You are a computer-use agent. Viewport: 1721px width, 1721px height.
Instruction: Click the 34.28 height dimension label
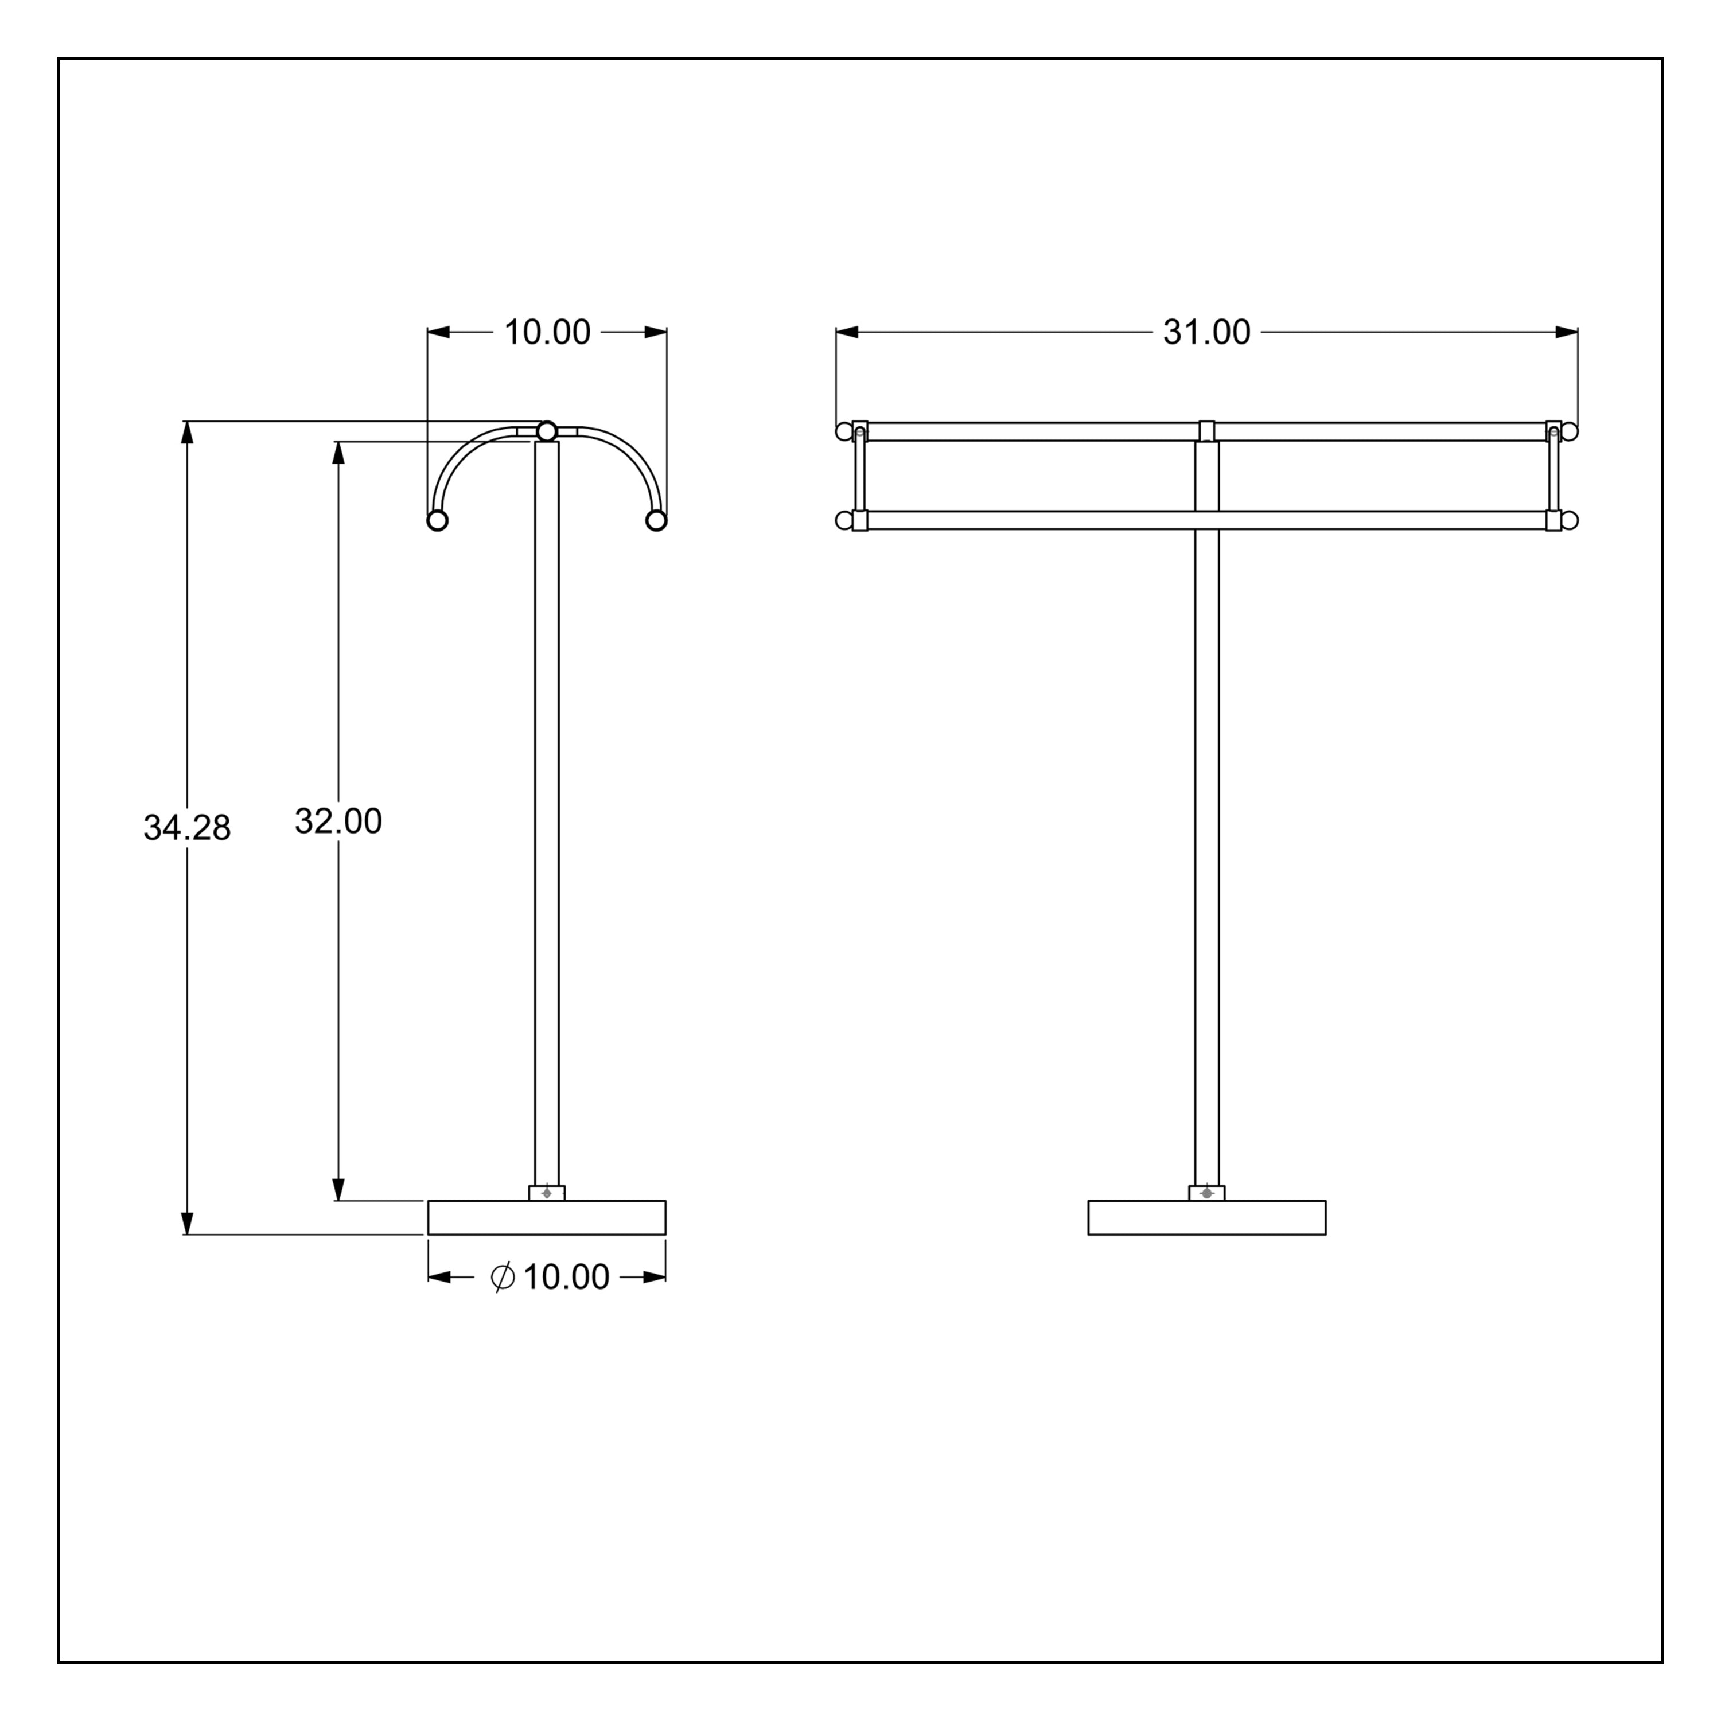coord(187,828)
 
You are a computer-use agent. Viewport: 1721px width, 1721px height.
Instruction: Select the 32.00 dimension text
coord(338,821)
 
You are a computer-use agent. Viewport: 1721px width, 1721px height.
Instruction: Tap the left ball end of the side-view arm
coord(437,520)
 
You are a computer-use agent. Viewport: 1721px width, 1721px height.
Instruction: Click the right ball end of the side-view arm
coord(656,520)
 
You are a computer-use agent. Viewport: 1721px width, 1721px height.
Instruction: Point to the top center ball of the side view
coord(547,431)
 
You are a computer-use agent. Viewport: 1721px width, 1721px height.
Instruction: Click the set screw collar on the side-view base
coord(547,1193)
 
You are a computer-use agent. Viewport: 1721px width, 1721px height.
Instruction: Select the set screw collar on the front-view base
coord(1207,1193)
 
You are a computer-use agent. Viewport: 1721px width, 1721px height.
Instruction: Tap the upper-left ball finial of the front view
coord(843,431)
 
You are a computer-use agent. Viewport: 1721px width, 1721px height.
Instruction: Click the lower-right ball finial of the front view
coord(1570,520)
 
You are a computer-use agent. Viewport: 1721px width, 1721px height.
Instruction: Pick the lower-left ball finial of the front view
coord(843,520)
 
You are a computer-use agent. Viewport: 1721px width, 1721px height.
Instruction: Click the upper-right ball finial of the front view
coord(1570,431)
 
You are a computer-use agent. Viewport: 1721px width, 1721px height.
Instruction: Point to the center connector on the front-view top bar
coord(1207,431)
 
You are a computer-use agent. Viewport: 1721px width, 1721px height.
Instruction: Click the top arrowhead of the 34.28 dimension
coord(187,431)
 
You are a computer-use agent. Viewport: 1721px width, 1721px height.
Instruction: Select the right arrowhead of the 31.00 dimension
coord(1567,332)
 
